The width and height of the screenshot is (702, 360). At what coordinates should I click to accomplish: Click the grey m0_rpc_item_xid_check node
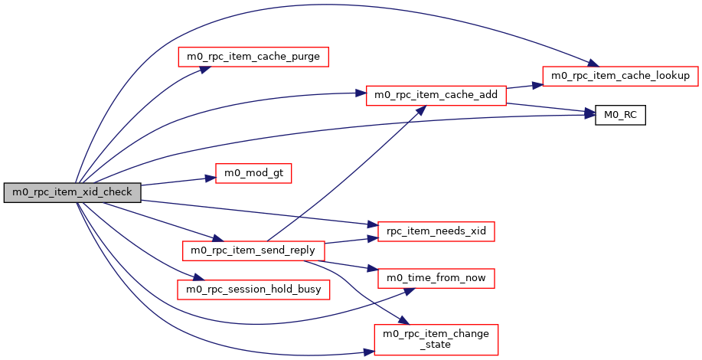click(72, 193)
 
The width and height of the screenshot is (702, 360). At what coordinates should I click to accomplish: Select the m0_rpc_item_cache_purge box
click(253, 56)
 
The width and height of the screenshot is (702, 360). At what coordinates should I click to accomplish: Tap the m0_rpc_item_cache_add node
click(436, 95)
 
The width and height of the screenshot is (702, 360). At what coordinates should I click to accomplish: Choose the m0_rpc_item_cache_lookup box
click(621, 76)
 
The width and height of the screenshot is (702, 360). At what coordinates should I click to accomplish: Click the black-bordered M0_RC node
click(621, 116)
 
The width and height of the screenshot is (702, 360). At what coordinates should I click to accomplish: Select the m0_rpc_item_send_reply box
click(253, 250)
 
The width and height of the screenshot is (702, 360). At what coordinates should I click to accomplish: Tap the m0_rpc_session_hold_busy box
click(253, 289)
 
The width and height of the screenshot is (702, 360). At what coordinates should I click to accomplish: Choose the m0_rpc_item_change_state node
click(436, 339)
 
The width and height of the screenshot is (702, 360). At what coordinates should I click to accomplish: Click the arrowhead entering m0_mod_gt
click(210, 178)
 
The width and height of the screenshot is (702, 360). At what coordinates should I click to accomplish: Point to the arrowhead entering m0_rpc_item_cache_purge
click(206, 68)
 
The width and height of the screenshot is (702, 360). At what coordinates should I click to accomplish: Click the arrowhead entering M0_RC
click(591, 115)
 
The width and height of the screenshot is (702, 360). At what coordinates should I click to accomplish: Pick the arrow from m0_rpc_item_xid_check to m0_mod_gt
click(176, 182)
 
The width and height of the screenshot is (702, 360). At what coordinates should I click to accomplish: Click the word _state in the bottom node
click(436, 345)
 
